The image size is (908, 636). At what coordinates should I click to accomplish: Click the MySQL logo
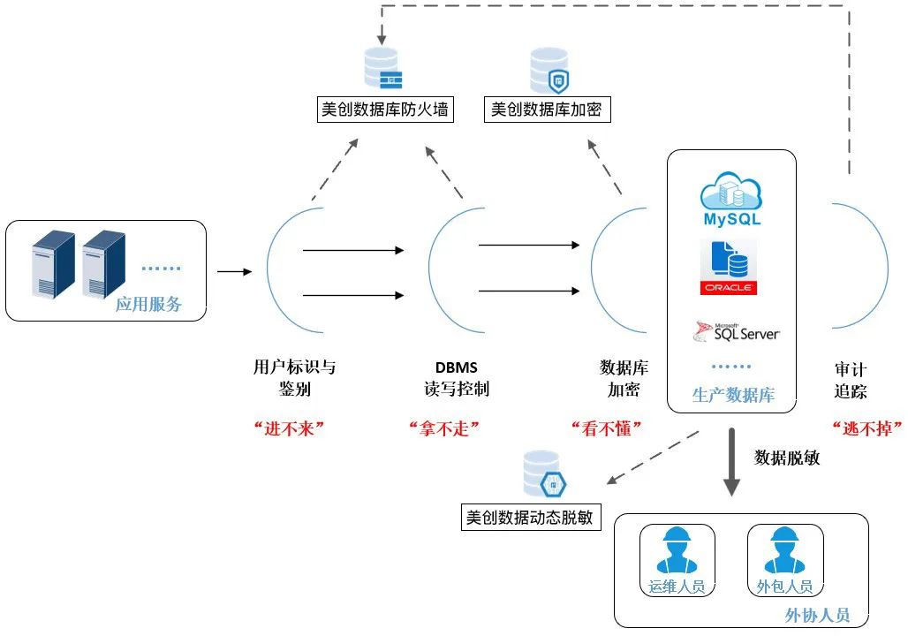click(x=730, y=200)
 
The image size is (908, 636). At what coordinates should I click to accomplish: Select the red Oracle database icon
click(x=729, y=267)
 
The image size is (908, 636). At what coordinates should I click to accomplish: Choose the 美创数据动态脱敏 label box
click(x=530, y=517)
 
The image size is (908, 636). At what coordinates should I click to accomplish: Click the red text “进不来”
click(x=290, y=428)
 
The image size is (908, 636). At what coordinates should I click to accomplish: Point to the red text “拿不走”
click(x=443, y=428)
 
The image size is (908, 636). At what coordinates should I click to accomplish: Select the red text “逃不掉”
click(x=866, y=428)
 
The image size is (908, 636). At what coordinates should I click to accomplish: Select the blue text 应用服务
click(x=148, y=305)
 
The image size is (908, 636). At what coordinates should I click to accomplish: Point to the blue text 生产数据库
click(x=733, y=395)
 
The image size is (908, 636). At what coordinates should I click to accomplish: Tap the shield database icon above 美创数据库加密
click(x=549, y=71)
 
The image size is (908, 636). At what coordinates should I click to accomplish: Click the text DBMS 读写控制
click(x=456, y=378)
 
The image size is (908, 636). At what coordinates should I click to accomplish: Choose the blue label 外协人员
click(x=817, y=615)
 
